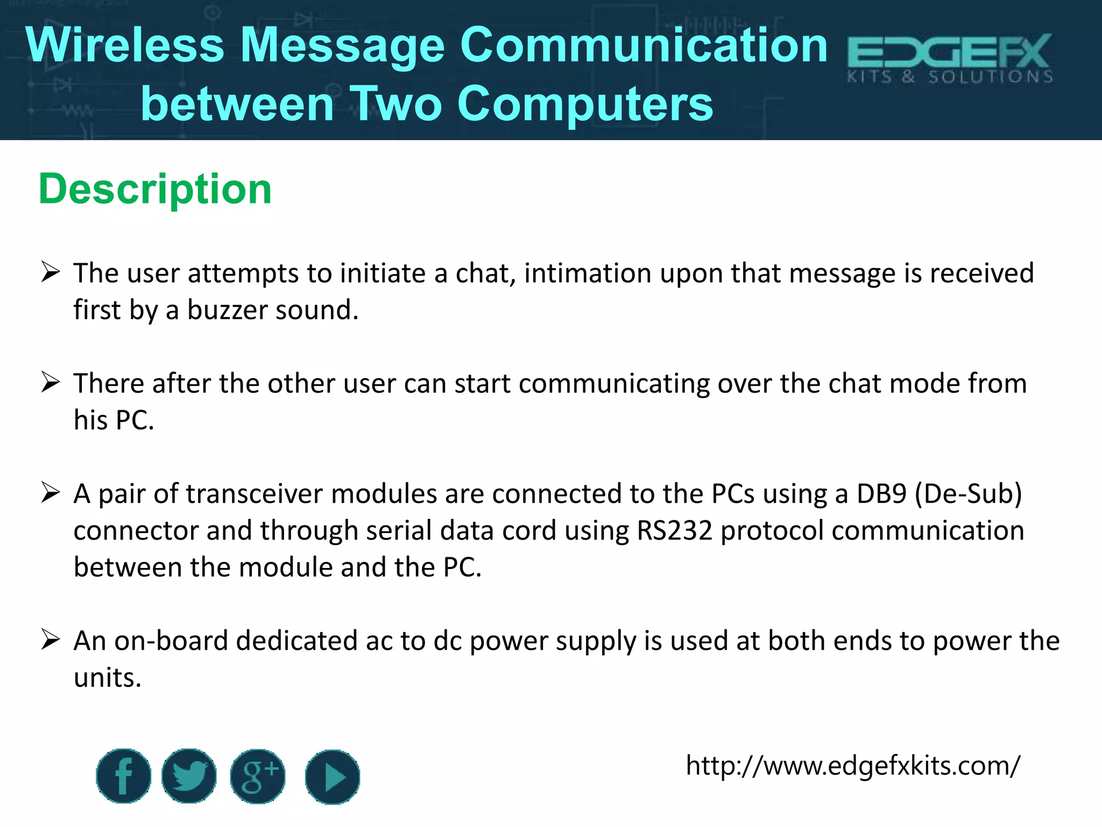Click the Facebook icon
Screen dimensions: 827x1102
click(123, 776)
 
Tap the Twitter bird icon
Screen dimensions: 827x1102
click(189, 776)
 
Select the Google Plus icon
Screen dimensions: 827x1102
click(258, 776)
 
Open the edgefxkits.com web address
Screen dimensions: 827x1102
click(852, 766)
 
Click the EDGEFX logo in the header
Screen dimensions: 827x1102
click(950, 58)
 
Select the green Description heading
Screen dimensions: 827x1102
click(155, 189)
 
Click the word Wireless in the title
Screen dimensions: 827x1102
click(125, 45)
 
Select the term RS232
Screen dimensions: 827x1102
click(675, 531)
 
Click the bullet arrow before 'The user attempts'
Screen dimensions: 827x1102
click(50, 272)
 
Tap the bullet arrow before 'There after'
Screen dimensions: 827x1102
click(50, 383)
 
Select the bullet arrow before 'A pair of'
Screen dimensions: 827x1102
click(50, 493)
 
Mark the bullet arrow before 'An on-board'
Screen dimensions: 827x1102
click(50, 640)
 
